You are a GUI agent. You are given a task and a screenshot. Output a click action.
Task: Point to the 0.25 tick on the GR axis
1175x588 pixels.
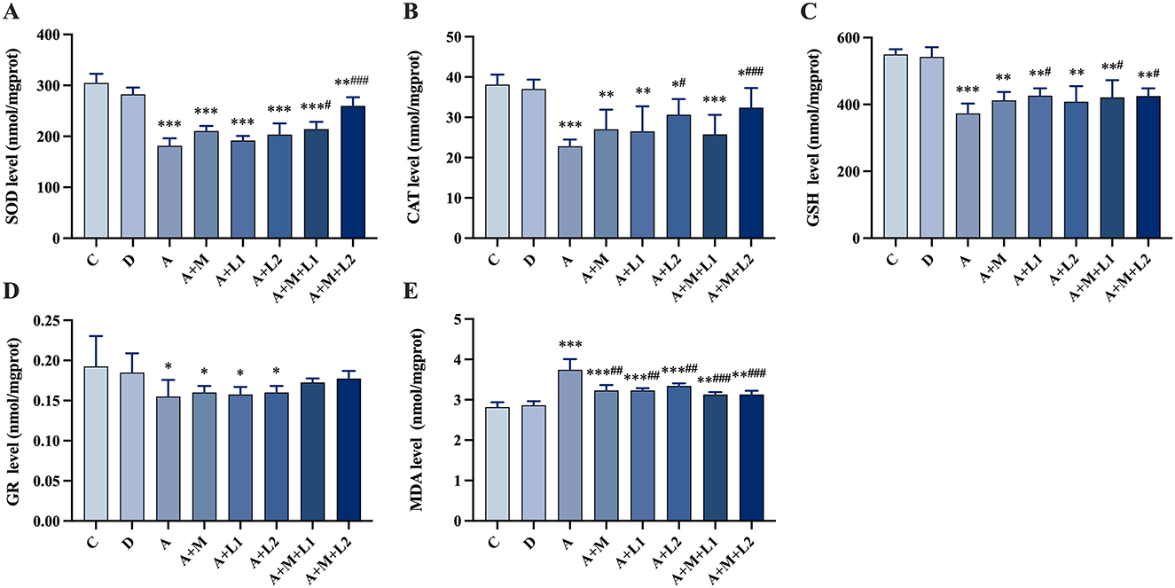[58, 320]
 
